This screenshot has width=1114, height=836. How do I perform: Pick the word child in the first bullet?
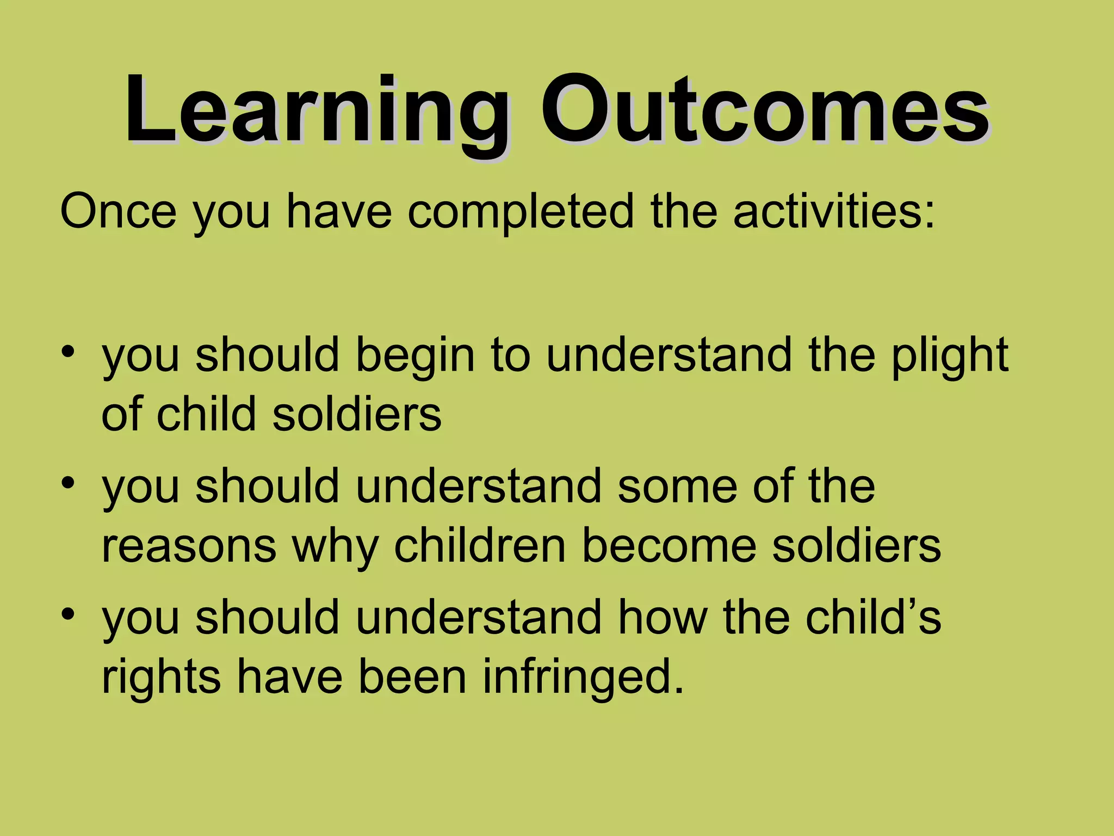(x=206, y=414)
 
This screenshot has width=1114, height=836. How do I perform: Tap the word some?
(x=677, y=487)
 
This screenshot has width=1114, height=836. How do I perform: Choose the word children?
(x=479, y=545)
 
